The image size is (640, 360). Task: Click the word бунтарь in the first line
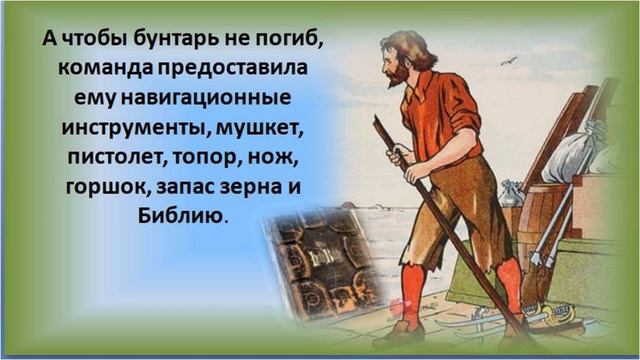click(179, 41)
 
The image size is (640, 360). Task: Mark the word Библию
click(181, 215)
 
